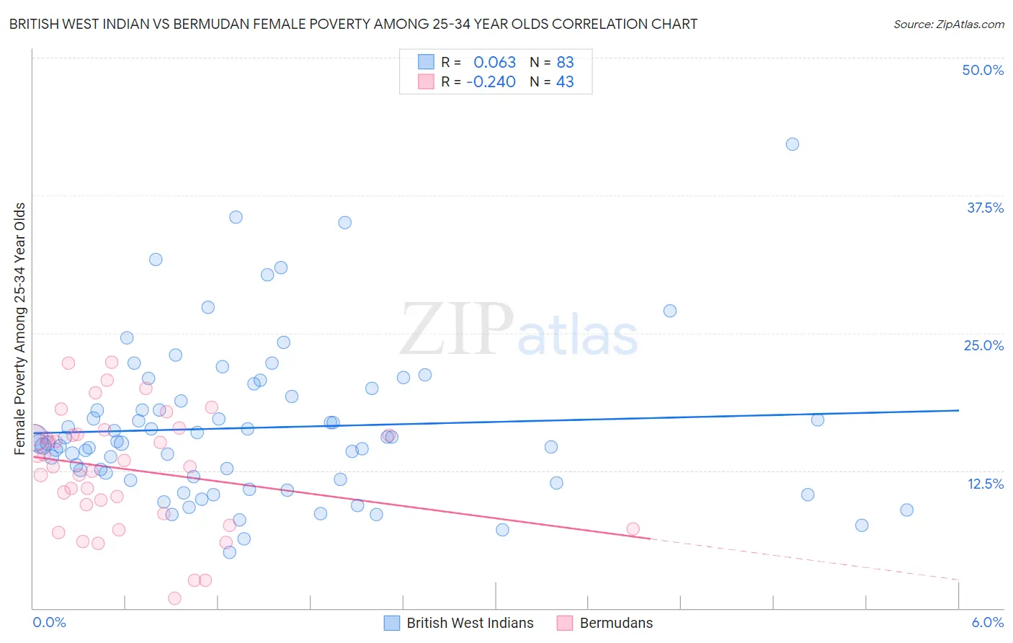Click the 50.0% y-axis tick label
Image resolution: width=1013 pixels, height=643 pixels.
(x=982, y=70)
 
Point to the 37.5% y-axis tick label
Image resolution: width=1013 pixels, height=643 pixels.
(x=984, y=208)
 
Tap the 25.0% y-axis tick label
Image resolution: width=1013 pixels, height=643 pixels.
(x=983, y=345)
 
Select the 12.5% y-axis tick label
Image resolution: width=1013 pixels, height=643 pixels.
(x=985, y=483)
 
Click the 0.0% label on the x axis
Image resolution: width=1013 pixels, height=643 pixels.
(x=49, y=622)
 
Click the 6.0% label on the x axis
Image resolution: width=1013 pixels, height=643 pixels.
(x=987, y=622)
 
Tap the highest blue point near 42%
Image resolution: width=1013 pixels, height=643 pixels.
(x=792, y=144)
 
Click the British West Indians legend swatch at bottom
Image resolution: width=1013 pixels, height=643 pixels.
(x=391, y=623)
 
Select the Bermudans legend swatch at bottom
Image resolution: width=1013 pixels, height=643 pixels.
(x=564, y=623)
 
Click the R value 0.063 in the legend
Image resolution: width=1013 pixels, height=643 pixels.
(x=494, y=63)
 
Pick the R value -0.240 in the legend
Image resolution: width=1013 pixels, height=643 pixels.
(x=491, y=82)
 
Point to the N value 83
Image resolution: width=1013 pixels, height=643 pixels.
(x=565, y=63)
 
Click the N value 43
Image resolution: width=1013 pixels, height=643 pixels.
(x=565, y=82)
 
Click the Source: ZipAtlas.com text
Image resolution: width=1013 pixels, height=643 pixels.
(x=948, y=25)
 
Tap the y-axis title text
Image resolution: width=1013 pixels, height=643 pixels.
(x=20, y=329)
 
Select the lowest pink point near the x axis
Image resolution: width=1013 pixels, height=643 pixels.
(x=174, y=598)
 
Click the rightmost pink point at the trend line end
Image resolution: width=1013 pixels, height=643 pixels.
(x=633, y=529)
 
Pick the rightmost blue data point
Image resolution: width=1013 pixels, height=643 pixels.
(x=906, y=510)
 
